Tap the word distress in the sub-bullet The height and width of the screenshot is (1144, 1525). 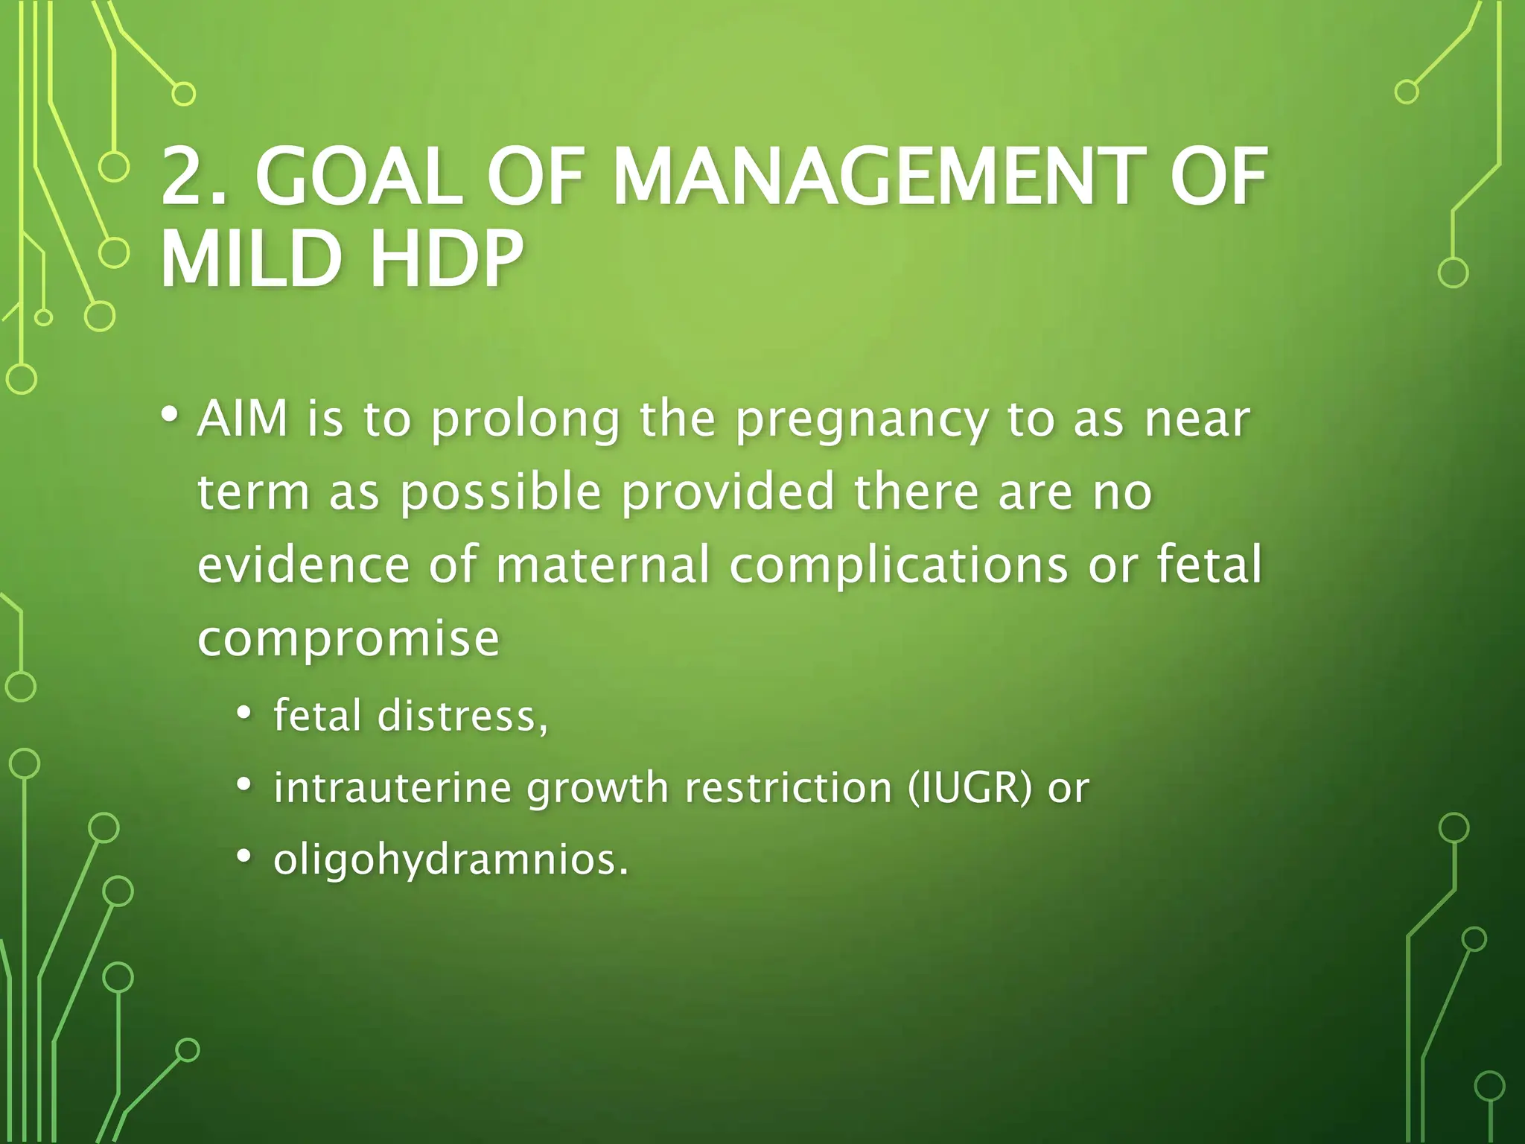(x=462, y=715)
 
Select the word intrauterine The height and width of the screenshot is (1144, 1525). (x=392, y=788)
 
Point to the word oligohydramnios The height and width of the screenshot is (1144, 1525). (x=451, y=861)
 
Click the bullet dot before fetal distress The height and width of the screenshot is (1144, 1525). (x=244, y=713)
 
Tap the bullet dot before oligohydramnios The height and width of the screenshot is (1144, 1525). (x=244, y=857)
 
